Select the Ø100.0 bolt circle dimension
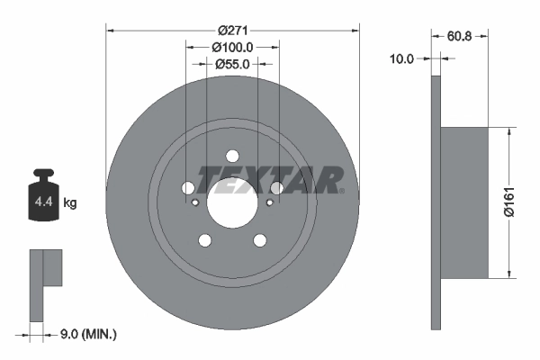(x=233, y=47)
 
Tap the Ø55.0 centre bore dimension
(x=233, y=64)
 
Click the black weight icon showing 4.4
(x=44, y=193)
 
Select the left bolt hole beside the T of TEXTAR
(x=188, y=188)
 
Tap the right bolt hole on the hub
(x=277, y=187)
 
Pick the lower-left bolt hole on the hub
(x=205, y=240)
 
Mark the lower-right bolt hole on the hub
(x=261, y=240)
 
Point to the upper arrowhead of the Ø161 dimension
(x=509, y=131)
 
